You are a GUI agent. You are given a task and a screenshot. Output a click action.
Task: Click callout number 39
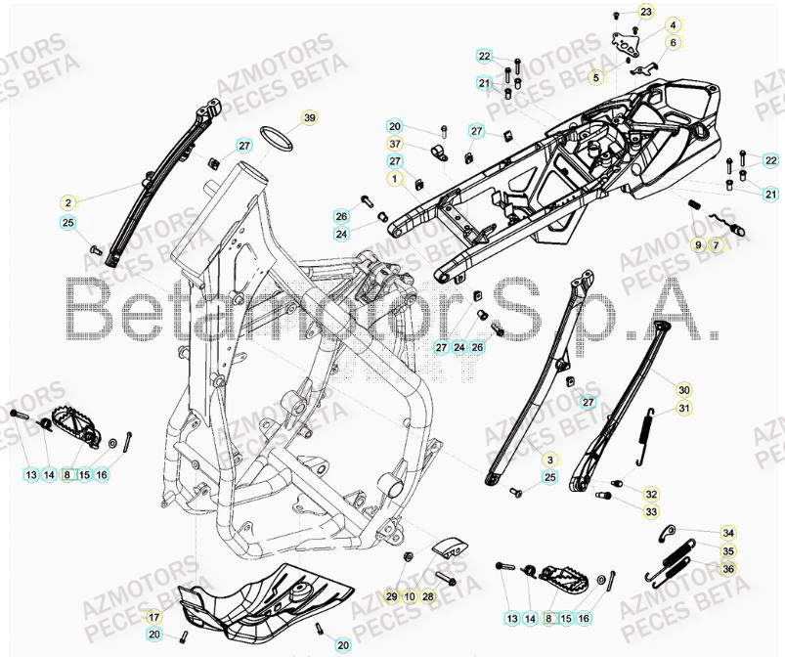point(310,118)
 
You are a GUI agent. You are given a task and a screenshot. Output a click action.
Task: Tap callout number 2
point(67,203)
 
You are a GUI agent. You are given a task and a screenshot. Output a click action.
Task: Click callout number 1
point(393,179)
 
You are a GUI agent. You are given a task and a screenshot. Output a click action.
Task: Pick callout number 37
point(394,144)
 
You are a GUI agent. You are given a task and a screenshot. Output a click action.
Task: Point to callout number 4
point(674,24)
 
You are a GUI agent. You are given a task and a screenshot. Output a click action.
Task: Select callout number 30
point(684,389)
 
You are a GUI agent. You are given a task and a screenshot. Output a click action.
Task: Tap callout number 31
point(684,409)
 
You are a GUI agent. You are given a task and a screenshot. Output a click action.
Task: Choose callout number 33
point(651,511)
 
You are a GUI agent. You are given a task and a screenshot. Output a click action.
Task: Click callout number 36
point(728,568)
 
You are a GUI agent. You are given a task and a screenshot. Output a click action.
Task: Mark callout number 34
point(728,533)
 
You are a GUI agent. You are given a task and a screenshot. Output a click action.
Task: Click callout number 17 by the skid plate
point(153,618)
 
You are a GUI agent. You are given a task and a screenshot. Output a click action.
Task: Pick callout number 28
point(428,596)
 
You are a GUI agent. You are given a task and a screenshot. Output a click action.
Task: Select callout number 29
point(391,596)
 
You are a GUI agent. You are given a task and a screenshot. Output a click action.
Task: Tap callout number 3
point(550,459)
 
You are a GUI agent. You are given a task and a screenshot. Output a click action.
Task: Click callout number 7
point(716,244)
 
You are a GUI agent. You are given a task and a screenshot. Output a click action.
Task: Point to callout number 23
point(645,11)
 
